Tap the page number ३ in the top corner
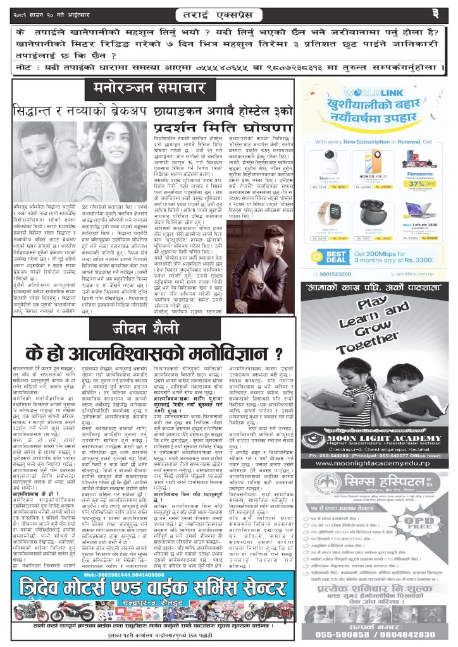point(436,12)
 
